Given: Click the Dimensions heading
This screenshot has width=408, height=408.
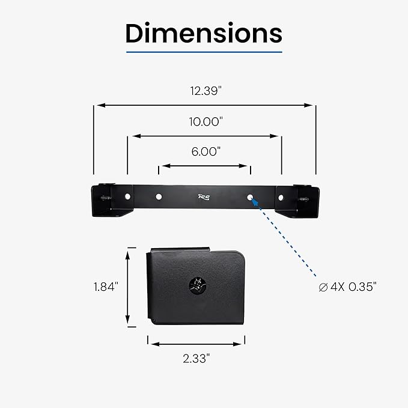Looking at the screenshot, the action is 204,33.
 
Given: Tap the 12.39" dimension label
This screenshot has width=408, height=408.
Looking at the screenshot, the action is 206,91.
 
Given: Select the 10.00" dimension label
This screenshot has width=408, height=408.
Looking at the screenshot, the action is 206,121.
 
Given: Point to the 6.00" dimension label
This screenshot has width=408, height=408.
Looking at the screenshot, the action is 206,151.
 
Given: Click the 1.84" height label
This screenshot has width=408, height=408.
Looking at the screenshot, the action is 106,287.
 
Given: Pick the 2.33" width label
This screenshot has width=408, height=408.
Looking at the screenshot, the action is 196,359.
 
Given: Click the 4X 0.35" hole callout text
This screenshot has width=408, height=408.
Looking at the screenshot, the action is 353,287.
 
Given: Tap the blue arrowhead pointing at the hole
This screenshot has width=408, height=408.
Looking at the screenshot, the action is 255,202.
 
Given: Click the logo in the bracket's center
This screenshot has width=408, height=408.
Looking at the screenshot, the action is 204,197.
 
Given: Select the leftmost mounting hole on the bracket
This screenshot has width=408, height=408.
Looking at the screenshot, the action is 127,196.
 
